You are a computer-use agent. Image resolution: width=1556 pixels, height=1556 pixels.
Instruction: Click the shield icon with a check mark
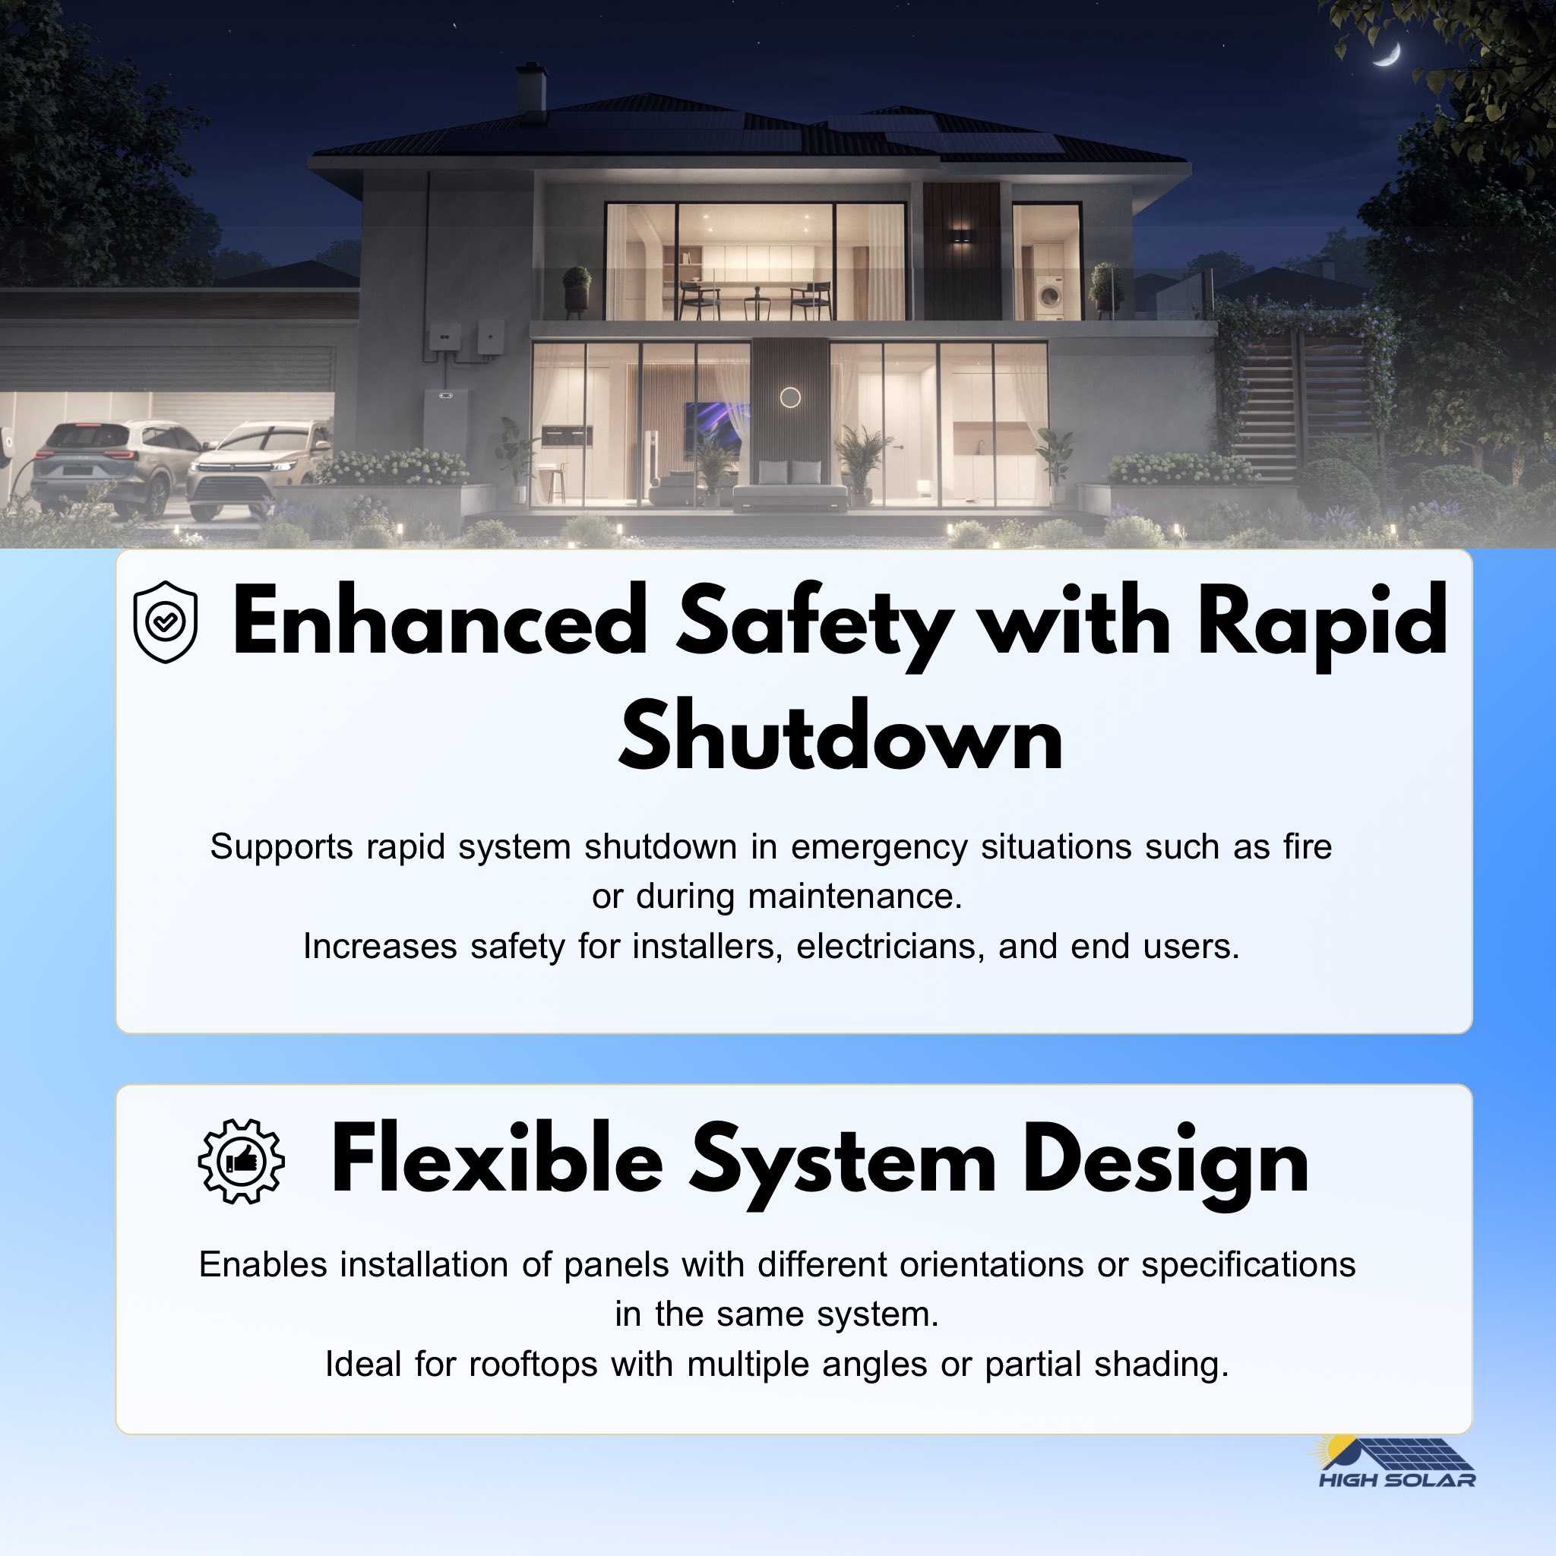click(165, 621)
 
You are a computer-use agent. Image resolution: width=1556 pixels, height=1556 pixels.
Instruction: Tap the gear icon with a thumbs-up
click(241, 1161)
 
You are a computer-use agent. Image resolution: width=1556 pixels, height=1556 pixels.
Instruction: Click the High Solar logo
click(1396, 1463)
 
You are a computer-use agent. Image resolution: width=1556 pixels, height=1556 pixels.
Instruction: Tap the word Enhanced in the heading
click(440, 620)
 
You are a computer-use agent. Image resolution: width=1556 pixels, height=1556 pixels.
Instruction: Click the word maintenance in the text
click(855, 897)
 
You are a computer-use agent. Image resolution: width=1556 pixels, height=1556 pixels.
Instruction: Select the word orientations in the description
click(991, 1264)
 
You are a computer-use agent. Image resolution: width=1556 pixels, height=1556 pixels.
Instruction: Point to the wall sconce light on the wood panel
click(961, 236)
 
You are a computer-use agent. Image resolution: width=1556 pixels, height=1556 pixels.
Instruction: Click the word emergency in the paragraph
click(879, 848)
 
